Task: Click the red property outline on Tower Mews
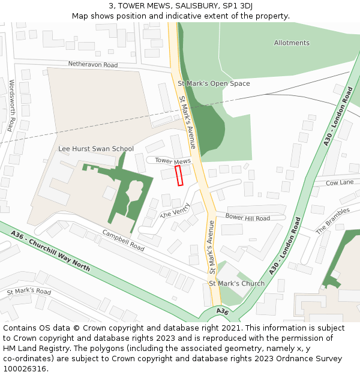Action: pyautogui.click(x=179, y=176)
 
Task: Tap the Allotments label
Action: pyautogui.click(x=292, y=43)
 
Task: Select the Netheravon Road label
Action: pyautogui.click(x=93, y=64)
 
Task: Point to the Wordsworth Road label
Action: pyautogui.click(x=11, y=105)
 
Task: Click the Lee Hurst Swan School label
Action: pyautogui.click(x=96, y=149)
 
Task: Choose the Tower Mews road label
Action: pyautogui.click(x=173, y=161)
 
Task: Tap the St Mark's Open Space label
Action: pyautogui.click(x=214, y=83)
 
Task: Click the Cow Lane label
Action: pyautogui.click(x=340, y=182)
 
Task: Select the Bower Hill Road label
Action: pyautogui.click(x=247, y=218)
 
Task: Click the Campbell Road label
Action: pyautogui.click(x=123, y=240)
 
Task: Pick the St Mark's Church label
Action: pyautogui.click(x=236, y=283)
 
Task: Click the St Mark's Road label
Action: pyautogui.click(x=29, y=292)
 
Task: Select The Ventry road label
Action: pyautogui.click(x=175, y=212)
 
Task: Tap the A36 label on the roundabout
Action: pyautogui.click(x=222, y=311)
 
